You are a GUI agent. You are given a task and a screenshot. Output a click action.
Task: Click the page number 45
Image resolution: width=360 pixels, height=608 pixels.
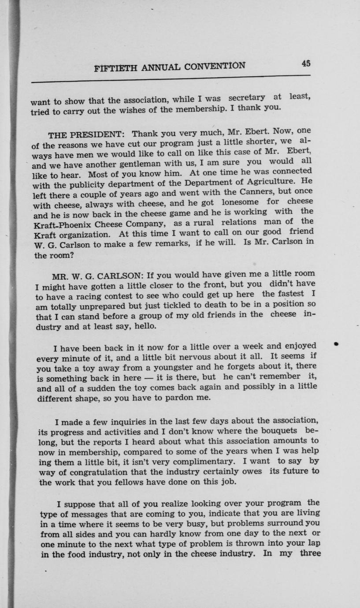coord(306,63)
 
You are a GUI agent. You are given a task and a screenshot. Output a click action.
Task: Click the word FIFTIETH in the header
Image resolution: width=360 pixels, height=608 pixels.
coord(116,68)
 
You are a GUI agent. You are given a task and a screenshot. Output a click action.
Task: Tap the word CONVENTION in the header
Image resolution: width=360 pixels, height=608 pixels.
coord(215,66)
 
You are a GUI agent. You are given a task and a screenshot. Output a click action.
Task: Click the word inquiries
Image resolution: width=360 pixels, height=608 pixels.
coord(126,421)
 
